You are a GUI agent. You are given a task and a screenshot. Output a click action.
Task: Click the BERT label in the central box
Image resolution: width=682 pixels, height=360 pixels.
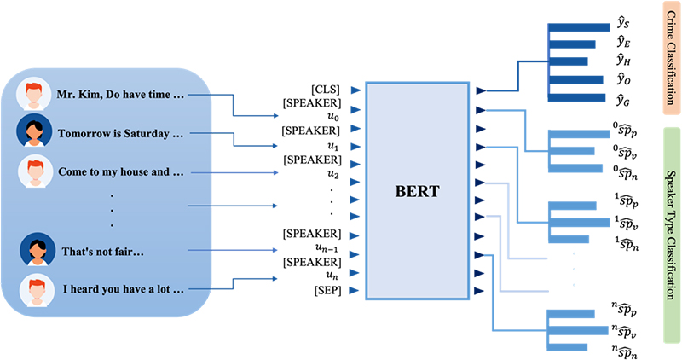click(417, 192)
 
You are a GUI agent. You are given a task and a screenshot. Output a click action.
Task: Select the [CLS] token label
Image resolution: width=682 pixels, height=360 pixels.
click(326, 90)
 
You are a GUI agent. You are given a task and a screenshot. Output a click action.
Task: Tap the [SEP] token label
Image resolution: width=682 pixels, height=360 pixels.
click(327, 290)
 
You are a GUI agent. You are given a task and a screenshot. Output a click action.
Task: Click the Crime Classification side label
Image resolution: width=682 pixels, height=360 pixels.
click(671, 58)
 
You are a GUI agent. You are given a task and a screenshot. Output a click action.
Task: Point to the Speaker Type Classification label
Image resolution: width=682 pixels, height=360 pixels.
click(671, 235)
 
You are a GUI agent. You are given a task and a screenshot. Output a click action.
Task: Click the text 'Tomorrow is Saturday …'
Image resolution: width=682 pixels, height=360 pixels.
click(120, 134)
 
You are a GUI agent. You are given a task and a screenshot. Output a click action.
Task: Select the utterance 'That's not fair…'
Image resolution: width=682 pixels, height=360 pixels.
click(102, 252)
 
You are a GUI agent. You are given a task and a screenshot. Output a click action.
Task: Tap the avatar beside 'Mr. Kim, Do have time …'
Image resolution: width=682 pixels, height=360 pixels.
click(33, 94)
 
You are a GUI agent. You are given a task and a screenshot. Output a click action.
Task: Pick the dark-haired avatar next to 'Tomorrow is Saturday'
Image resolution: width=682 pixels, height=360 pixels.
click(34, 131)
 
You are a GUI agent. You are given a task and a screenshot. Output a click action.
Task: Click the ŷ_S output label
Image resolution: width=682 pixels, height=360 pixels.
click(623, 22)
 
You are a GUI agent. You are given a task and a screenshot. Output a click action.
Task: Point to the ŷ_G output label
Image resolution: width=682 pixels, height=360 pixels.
click(623, 101)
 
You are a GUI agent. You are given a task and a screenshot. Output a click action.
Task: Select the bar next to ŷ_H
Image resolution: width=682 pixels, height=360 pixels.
click(569, 61)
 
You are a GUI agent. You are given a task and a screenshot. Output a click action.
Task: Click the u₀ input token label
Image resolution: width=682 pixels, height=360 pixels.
click(333, 117)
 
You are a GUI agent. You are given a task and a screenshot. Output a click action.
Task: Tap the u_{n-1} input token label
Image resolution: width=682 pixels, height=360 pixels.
click(327, 248)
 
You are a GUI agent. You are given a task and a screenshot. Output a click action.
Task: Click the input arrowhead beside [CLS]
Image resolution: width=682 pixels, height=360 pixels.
click(356, 90)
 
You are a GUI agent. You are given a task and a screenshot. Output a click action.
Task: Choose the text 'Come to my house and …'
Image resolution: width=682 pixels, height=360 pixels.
click(121, 172)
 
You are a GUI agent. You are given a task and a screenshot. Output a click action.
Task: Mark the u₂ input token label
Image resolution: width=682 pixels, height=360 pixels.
click(333, 174)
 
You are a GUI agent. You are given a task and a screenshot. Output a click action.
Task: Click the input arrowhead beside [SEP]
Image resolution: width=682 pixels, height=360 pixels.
click(354, 290)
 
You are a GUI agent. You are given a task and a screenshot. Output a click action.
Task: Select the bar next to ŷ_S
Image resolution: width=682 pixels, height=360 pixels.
click(580, 27)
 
